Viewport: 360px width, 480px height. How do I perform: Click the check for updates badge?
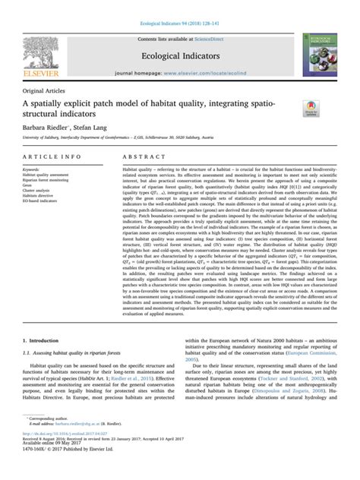pyautogui.click(x=311, y=108)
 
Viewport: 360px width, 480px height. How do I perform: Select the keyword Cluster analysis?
pyautogui.click(x=41, y=191)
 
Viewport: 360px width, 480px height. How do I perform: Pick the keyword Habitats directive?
pyautogui.click(x=43, y=197)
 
